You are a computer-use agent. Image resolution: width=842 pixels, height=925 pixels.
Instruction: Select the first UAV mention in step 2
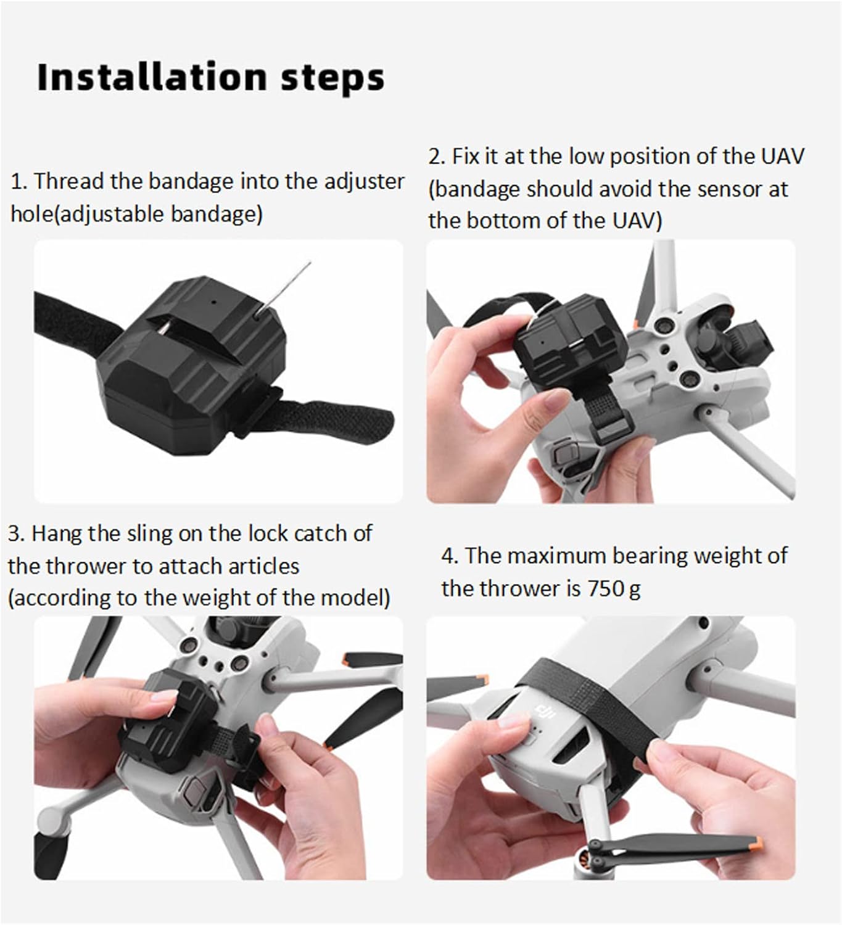tap(783, 156)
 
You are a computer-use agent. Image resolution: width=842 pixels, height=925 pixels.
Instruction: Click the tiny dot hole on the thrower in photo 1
tap(214, 303)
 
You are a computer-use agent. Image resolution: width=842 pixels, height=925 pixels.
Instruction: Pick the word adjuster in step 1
tap(365, 182)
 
